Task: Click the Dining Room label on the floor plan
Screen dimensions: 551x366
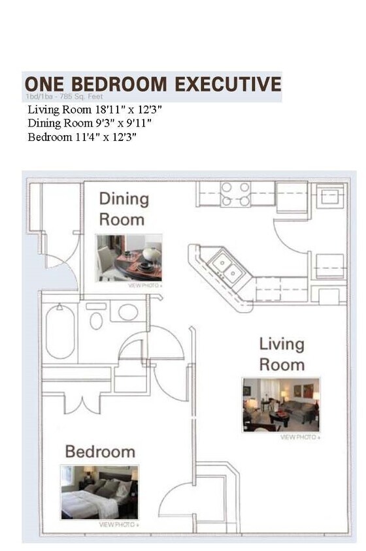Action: coord(124,209)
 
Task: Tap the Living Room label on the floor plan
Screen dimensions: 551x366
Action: coord(282,354)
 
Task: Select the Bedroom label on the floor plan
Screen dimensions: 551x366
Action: coord(100,451)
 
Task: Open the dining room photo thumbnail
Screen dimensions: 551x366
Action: coord(129,258)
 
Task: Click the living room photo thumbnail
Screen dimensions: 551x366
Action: coord(281,405)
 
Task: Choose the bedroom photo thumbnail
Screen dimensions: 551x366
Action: coord(99,492)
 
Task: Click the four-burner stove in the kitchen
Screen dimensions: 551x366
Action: coord(235,194)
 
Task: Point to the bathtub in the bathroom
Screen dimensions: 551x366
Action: coord(60,333)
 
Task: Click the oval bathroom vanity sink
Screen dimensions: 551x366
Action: coord(128,312)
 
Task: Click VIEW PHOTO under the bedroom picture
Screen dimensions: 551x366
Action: coord(118,524)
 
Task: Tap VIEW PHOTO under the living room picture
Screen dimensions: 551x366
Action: coord(300,437)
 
